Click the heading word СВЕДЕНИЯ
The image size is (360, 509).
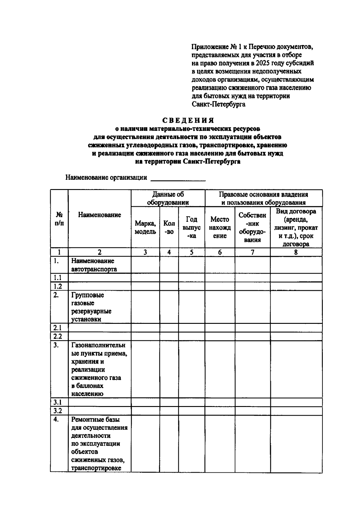188,120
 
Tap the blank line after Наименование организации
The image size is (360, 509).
178,179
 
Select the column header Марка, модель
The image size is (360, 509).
145,227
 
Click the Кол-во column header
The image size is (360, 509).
169,227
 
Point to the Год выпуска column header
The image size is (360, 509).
191,227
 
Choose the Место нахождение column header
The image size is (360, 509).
220,227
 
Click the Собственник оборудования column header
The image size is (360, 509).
252,227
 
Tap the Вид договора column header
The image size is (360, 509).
296,227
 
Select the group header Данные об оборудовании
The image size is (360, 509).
168,198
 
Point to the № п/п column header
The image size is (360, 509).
59,219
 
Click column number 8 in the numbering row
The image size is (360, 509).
296,252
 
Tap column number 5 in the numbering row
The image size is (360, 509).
191,252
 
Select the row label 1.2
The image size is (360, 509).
58,286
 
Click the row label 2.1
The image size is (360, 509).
58,328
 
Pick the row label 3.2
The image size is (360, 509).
58,411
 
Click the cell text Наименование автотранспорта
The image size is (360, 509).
94,265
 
